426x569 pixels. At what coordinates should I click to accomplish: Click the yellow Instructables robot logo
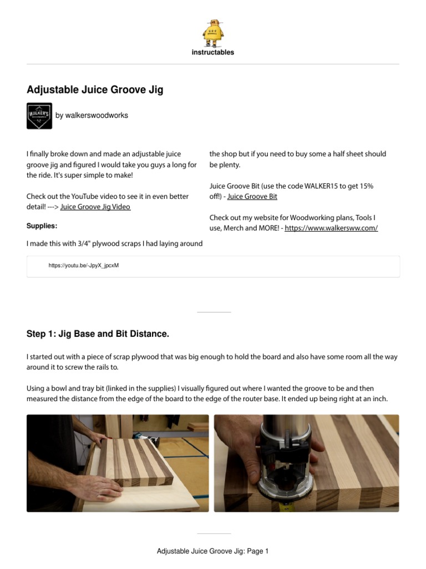(x=213, y=32)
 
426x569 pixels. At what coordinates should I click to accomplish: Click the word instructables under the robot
(x=213, y=52)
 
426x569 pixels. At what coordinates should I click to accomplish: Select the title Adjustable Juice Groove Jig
(x=95, y=89)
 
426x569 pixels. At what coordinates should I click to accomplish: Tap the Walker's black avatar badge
(x=39, y=116)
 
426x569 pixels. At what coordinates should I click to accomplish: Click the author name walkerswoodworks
(x=92, y=116)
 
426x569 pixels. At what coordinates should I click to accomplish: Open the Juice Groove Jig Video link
(x=95, y=207)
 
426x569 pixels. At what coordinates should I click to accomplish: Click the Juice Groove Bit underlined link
(x=252, y=196)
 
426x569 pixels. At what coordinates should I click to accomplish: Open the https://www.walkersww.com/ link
(x=331, y=228)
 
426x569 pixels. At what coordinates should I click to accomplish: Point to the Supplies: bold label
(x=42, y=226)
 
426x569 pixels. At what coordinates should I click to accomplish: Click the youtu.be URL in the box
(x=84, y=266)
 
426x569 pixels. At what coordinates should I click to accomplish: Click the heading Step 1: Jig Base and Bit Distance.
(x=98, y=334)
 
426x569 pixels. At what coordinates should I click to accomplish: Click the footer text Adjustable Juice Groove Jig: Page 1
(x=213, y=551)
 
